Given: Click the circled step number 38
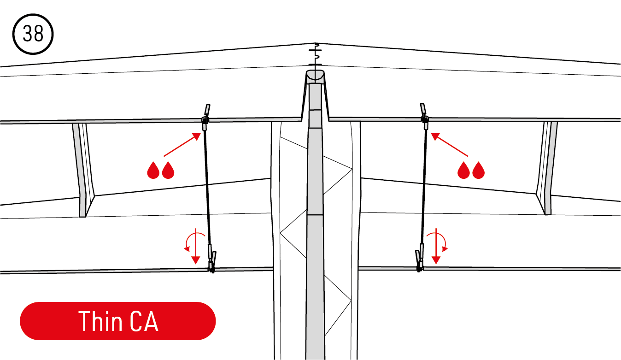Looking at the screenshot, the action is (33, 34).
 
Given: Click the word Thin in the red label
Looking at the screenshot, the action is (100, 321).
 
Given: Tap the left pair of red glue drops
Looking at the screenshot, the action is (160, 170).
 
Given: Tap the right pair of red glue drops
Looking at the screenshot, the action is (471, 170).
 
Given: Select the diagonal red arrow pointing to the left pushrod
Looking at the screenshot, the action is (182, 144).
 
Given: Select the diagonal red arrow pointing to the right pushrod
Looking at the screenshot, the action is (449, 144).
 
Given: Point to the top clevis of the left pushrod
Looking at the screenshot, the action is (206, 118).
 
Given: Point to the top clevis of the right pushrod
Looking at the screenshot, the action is (424, 117).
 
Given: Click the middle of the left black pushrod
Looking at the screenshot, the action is (208, 187).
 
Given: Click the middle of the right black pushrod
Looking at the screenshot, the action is (424, 187).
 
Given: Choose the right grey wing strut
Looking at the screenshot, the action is (547, 168).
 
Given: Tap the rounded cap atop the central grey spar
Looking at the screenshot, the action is (315, 76).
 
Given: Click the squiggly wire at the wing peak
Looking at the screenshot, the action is (316, 54).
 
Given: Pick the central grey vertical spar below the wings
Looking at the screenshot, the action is (315, 222).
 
